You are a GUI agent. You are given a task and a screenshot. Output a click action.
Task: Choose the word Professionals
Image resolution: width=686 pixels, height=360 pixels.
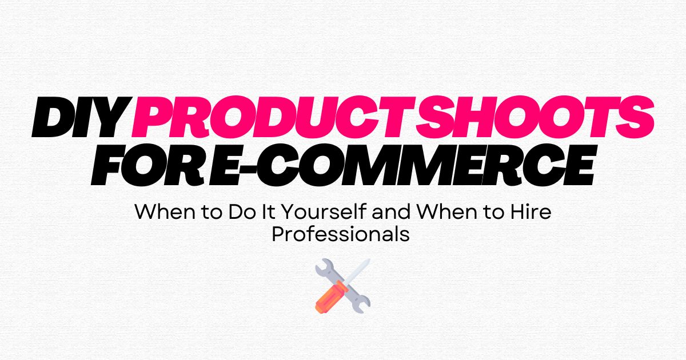pyautogui.click(x=341, y=234)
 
